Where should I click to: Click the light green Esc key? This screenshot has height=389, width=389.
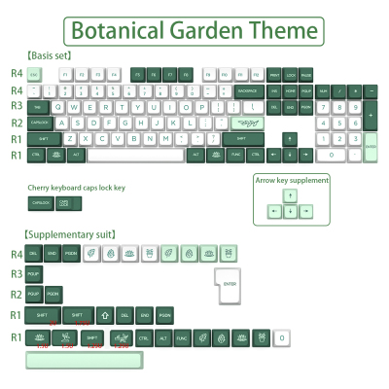coord(35,74)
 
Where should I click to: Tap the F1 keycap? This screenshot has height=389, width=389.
coord(66,74)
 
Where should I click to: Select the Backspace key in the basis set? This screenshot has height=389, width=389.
coord(247,90)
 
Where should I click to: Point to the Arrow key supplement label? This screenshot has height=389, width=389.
coord(292,180)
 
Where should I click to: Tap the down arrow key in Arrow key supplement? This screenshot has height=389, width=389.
coord(291,211)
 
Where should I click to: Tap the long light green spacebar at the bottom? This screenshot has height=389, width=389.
coord(86,360)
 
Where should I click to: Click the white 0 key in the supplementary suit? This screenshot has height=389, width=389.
coord(281,337)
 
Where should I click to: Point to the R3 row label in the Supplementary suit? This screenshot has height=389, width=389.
coord(16,273)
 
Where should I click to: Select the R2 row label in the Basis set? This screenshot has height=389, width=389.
coord(16,123)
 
